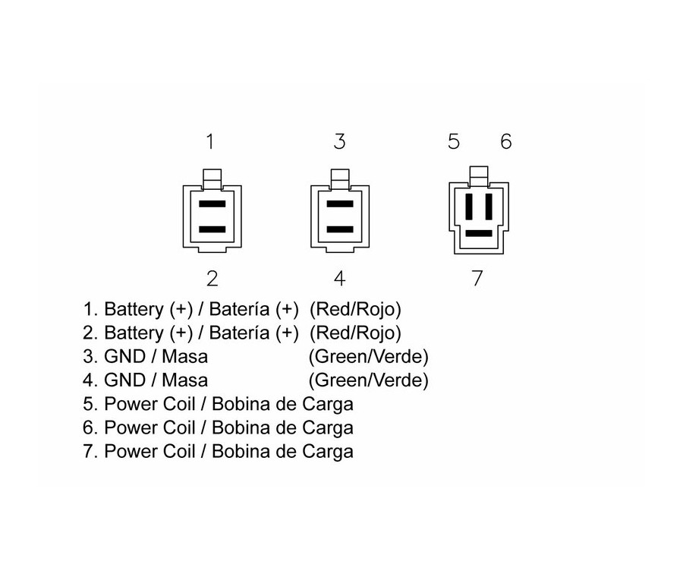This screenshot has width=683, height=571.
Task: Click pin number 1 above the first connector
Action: [x=210, y=142]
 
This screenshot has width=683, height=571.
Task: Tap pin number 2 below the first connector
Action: [x=212, y=279]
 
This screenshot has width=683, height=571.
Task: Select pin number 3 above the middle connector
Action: [x=339, y=142]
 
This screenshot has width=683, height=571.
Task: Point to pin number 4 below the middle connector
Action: [x=339, y=279]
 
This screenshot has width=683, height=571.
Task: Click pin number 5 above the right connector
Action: [x=454, y=142]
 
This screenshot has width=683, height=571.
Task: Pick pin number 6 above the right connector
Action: [x=505, y=142]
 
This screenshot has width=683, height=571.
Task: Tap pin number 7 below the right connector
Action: [x=477, y=279]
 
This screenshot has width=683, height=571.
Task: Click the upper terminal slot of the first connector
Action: [x=212, y=205]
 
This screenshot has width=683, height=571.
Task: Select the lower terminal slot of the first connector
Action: [x=212, y=229]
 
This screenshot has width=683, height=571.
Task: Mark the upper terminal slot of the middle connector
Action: [x=339, y=205]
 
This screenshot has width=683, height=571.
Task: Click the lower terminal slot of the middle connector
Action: [x=339, y=229]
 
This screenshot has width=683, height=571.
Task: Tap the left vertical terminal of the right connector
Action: [x=469, y=207]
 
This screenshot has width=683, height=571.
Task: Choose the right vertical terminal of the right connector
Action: [x=488, y=207]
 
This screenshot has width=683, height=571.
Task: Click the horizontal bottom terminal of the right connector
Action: [x=478, y=233]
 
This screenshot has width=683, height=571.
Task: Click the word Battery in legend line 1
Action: [x=133, y=310]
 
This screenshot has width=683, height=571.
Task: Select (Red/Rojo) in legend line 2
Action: [x=357, y=333]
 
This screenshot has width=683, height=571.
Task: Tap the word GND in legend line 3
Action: [x=124, y=357]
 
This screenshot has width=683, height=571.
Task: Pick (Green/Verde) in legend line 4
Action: [x=368, y=380]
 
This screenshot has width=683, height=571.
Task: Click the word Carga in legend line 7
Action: [x=329, y=452]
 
